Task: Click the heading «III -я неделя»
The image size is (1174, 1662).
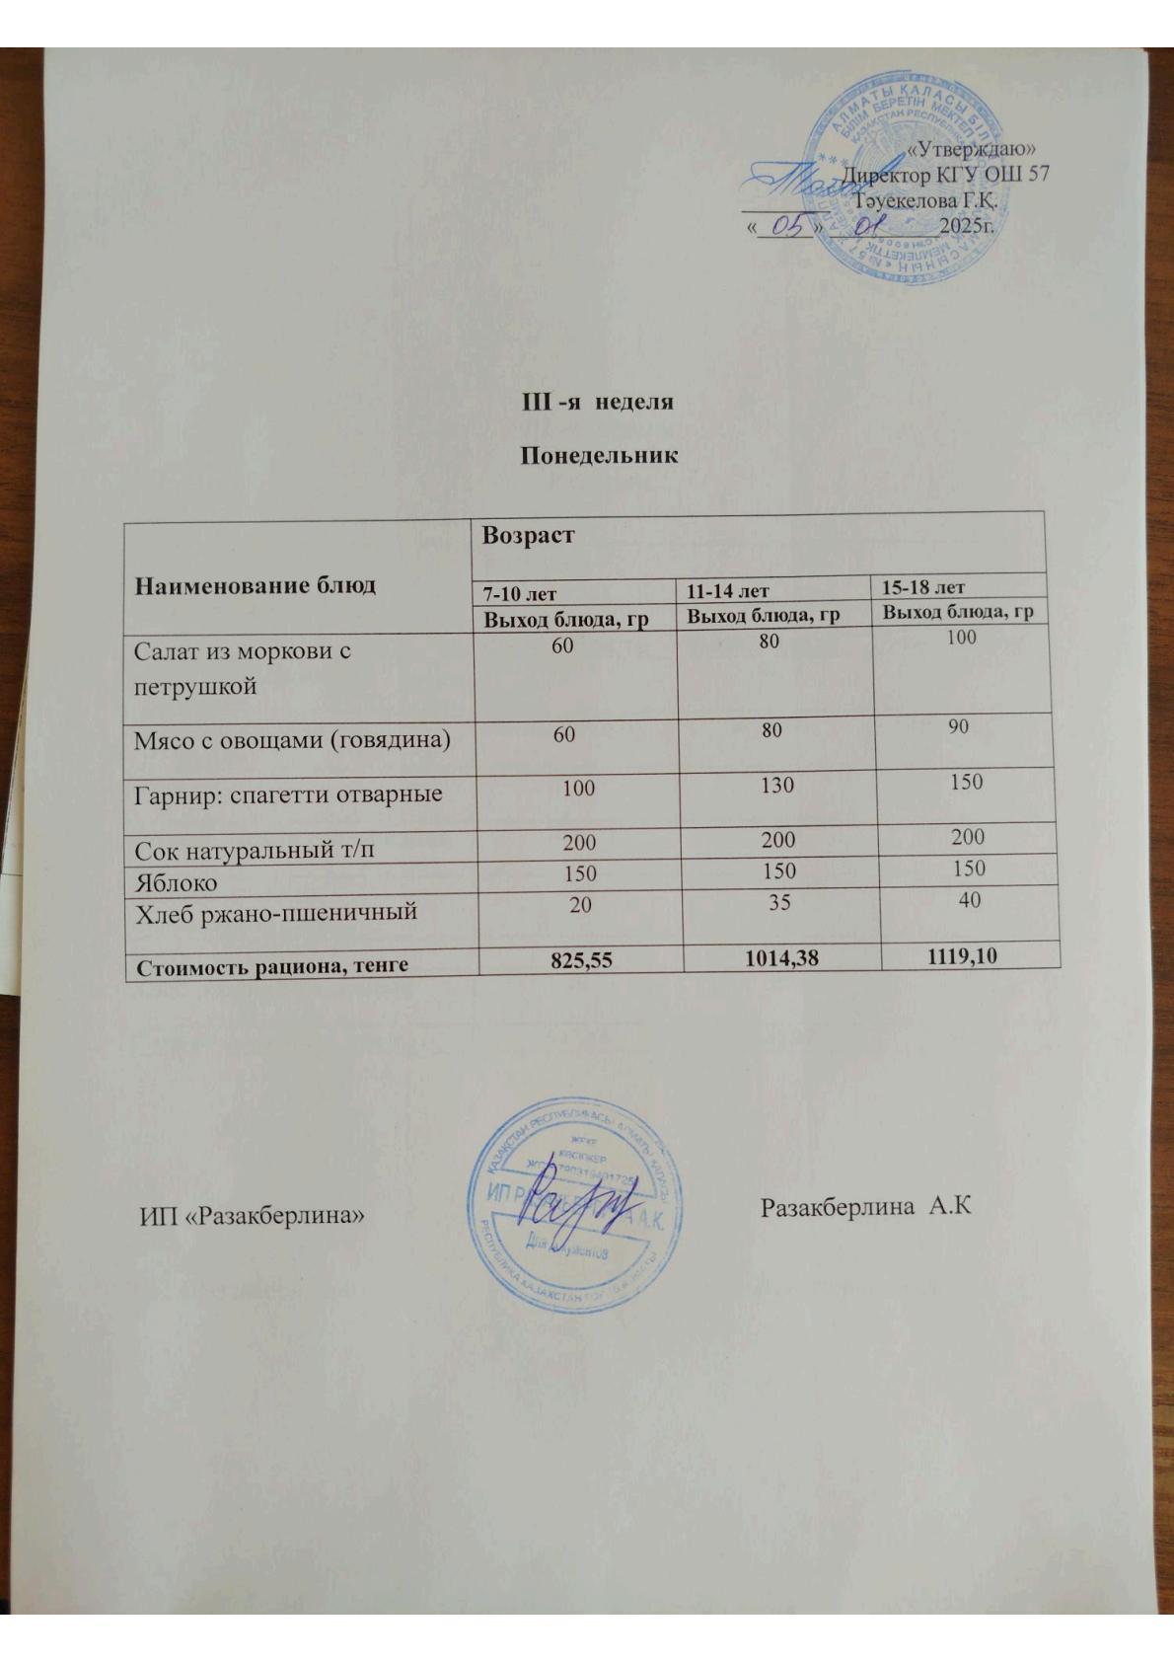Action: click(597, 403)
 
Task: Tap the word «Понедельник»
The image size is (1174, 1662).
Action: click(599, 456)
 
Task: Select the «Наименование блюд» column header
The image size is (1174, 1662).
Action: click(256, 584)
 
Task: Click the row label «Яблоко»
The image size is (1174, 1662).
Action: click(176, 882)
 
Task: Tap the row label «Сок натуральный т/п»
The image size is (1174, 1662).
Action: click(255, 848)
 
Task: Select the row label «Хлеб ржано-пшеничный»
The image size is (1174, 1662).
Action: click(275, 913)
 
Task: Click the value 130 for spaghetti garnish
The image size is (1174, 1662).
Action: click(776, 786)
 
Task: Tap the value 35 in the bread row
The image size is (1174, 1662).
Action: click(778, 901)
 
